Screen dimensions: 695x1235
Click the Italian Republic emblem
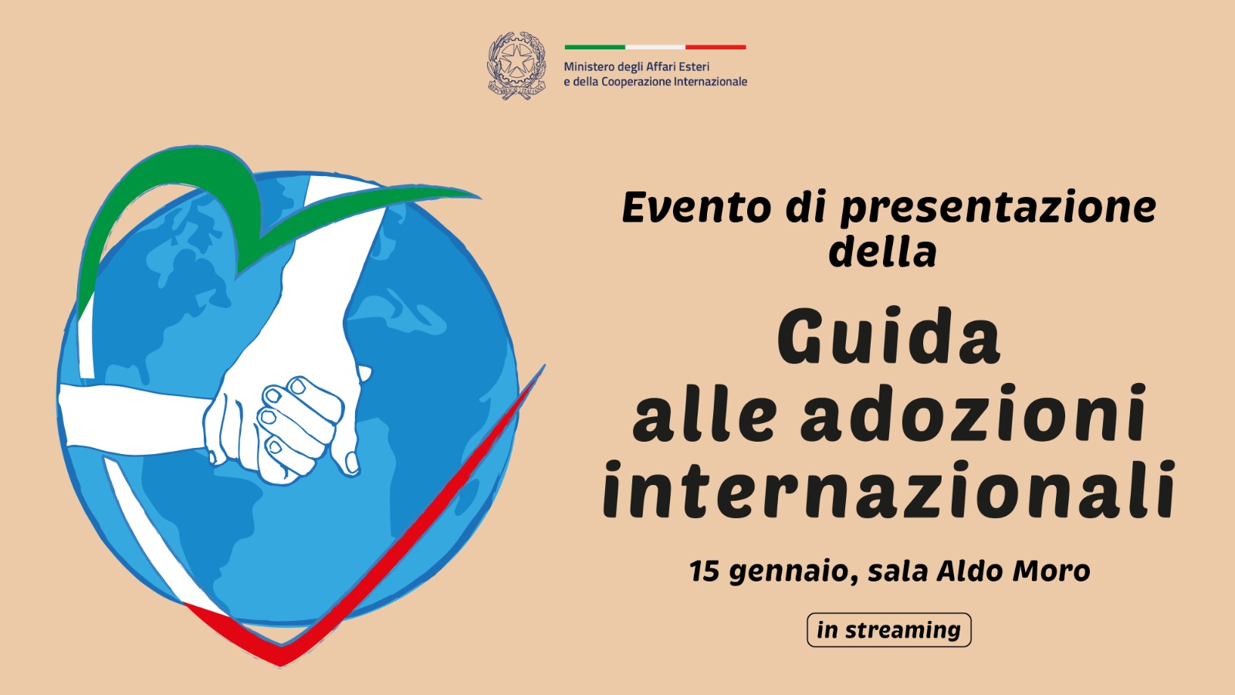[x=516, y=65]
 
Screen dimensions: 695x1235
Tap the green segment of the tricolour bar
[x=594, y=47]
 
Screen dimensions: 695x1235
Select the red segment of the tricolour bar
[x=716, y=47]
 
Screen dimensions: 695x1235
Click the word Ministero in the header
[x=589, y=67]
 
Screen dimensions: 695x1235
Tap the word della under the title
[x=882, y=253]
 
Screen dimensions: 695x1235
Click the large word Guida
[x=888, y=337]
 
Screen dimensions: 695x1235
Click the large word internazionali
[x=888, y=489]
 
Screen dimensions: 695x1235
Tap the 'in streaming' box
[x=888, y=630]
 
